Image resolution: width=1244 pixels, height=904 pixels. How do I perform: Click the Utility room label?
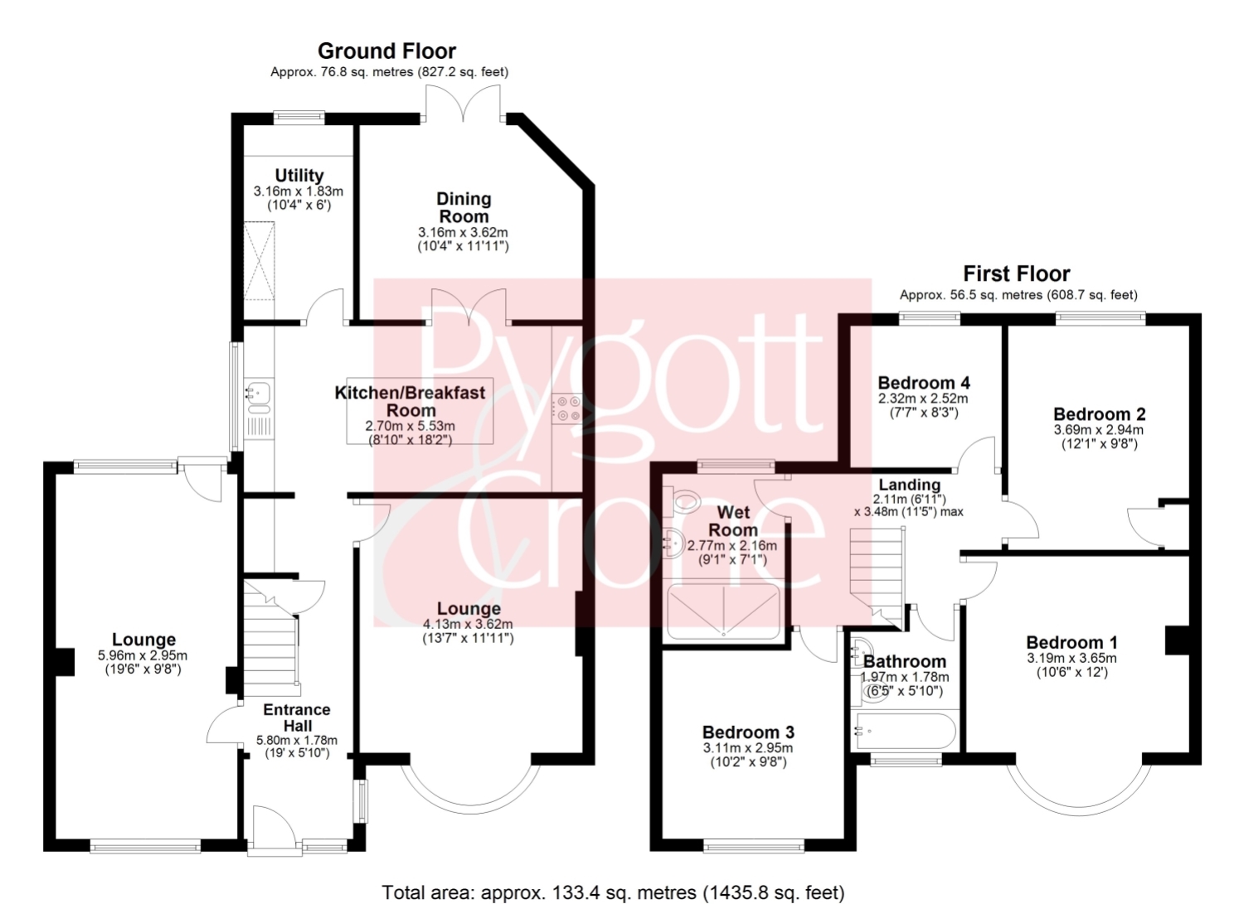click(x=299, y=176)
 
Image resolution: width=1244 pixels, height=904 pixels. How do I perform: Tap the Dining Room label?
click(x=463, y=207)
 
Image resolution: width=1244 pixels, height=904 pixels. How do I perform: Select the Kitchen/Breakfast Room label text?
click(x=410, y=402)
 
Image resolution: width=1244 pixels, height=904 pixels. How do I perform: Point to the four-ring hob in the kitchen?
click(x=566, y=408)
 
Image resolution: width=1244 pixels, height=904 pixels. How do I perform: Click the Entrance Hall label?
click(x=297, y=718)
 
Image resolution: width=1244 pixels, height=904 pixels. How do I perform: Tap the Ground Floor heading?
click(x=386, y=51)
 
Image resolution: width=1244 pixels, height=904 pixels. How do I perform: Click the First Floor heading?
click(x=1016, y=273)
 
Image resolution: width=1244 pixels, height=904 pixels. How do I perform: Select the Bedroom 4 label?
click(x=924, y=383)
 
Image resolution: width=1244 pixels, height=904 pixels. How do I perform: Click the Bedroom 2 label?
click(x=1100, y=414)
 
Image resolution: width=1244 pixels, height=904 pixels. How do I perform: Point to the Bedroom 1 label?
click(x=1071, y=643)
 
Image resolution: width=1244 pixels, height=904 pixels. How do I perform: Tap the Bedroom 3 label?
click(x=748, y=732)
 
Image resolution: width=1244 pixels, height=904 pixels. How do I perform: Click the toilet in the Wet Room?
click(x=682, y=500)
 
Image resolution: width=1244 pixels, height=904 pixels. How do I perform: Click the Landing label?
click(x=910, y=485)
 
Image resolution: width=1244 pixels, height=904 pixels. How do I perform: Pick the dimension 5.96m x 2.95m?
click(x=143, y=655)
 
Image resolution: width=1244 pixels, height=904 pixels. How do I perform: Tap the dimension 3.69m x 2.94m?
click(x=1099, y=429)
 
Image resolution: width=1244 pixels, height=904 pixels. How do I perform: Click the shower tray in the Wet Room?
click(x=724, y=611)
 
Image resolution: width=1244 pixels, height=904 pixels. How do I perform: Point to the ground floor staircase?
click(x=272, y=638)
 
